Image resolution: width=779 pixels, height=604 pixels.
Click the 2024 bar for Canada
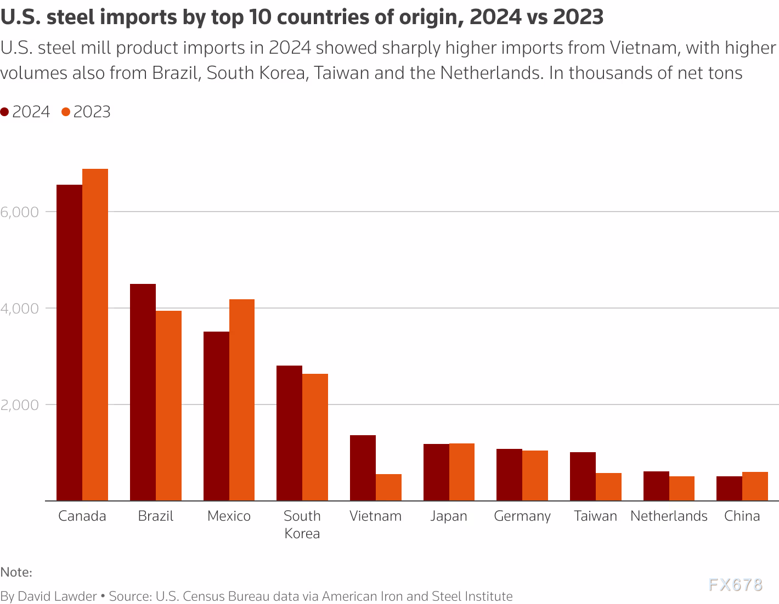click(70, 343)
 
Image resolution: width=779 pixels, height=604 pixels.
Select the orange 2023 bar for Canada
click(95, 334)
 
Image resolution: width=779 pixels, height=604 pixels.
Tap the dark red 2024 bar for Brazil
click(143, 392)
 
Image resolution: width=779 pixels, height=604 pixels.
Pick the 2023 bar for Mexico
click(242, 400)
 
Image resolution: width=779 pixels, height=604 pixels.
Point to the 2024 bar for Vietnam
click(363, 468)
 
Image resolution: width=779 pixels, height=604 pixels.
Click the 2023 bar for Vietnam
click(388, 487)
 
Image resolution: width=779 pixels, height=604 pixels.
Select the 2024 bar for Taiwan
click(583, 476)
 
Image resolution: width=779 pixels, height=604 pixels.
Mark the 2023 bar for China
click(755, 486)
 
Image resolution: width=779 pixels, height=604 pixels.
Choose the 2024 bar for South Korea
click(289, 433)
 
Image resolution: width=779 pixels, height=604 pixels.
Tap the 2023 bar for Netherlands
click(682, 488)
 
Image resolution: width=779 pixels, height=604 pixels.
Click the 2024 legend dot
click(5, 112)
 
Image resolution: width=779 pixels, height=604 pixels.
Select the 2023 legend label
click(92, 112)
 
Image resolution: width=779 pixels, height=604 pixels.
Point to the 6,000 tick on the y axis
click(20, 212)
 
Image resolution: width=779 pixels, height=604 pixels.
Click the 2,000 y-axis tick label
click(20, 405)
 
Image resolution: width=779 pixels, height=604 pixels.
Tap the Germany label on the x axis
click(522, 516)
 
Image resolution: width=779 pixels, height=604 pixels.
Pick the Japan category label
click(449, 516)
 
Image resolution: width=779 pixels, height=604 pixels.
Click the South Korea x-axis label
click(302, 525)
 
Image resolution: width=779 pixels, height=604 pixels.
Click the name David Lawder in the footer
click(57, 596)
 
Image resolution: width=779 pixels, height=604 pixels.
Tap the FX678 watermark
click(736, 585)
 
